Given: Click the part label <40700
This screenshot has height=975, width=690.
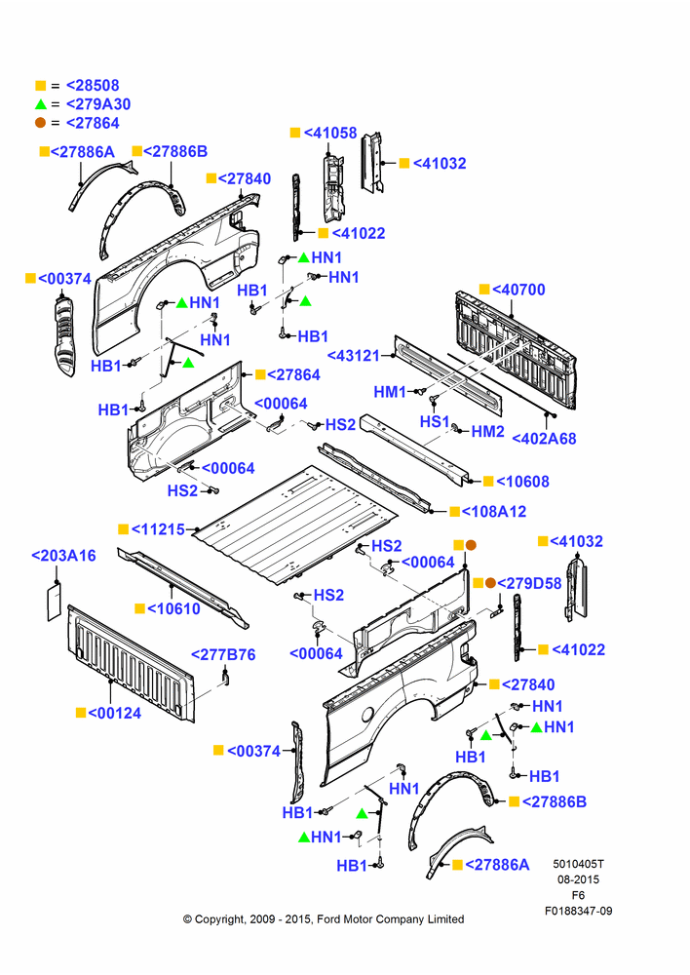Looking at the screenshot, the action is tap(518, 290).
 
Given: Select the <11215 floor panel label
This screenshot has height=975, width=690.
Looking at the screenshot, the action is tap(158, 529).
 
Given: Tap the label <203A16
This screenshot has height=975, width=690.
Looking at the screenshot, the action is tap(63, 556).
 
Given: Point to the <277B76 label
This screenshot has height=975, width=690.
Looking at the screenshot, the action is tap(223, 655).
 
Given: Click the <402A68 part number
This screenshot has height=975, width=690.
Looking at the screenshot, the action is tap(544, 439).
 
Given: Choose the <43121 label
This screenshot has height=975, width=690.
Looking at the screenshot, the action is tap(354, 356).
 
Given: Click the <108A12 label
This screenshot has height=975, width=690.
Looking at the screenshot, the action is tap(493, 512).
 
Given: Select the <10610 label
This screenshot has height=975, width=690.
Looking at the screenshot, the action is tap(173, 608).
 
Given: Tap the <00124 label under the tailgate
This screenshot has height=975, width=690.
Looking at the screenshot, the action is tap(114, 714).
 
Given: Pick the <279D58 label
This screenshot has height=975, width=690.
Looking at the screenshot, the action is tap(529, 584).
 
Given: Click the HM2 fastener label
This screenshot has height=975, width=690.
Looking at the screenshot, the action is tap(487, 432).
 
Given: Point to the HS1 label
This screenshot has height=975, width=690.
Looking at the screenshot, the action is tap(434, 421).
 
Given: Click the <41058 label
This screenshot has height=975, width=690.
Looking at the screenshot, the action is tap(330, 133).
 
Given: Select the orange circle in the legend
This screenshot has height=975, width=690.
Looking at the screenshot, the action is tap(40, 123).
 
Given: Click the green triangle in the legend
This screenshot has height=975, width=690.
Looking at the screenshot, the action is tap(40, 104).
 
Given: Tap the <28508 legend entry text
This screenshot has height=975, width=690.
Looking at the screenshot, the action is tap(93, 86).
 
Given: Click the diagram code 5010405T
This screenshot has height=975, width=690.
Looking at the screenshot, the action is tap(578, 864).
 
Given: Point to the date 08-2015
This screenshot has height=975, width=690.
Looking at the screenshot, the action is tap(578, 879).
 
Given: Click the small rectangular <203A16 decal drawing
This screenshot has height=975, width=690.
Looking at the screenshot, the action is tap(55, 601).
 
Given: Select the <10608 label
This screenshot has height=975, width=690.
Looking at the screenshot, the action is tap(522, 482).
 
